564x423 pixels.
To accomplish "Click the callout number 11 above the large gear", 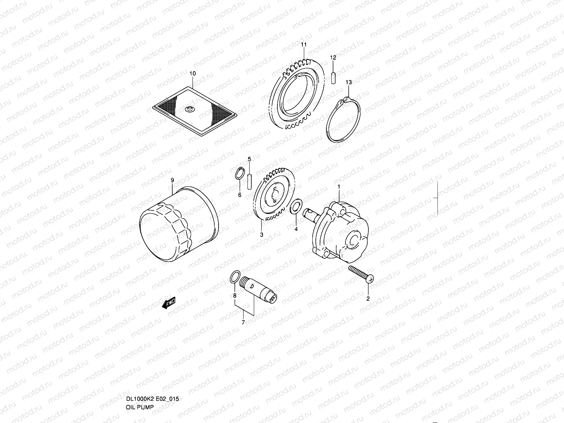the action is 304,44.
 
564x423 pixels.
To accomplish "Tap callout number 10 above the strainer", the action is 192,74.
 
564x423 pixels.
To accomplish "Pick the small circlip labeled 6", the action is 239,174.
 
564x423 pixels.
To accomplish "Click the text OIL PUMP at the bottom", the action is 140,407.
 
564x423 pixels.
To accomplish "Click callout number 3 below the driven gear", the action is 262,234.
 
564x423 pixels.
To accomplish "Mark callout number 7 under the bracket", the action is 243,322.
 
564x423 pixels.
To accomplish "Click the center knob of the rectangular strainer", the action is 189,109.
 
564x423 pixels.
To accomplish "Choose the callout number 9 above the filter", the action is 172,180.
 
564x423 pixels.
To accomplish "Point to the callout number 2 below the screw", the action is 368,299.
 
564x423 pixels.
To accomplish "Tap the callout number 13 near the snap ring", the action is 348,82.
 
